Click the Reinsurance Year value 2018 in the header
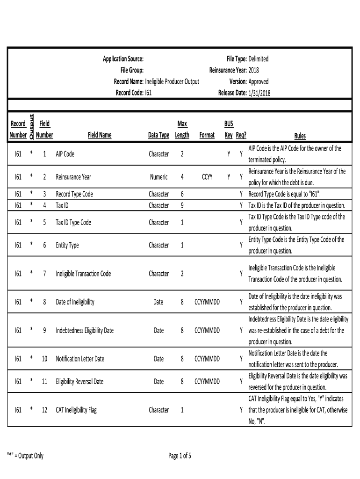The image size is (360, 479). [254, 70]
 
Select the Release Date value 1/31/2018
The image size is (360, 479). [259, 93]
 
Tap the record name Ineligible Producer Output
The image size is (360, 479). [172, 81]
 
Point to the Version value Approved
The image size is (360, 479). [259, 81]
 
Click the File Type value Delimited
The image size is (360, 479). [259, 59]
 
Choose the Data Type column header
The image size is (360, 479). [158, 135]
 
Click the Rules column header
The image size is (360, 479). [300, 136]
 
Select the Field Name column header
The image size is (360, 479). [100, 135]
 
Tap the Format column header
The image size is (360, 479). [207, 135]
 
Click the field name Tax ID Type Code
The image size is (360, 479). [73, 223]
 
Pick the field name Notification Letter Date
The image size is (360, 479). [80, 359]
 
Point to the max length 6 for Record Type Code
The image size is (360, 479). [182, 194]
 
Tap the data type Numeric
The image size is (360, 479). [159, 177]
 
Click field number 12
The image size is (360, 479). [44, 410]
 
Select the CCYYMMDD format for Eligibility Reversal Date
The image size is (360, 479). [207, 381]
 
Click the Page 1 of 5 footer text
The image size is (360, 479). [180, 456]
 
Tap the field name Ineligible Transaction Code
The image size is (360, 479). [83, 274]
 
